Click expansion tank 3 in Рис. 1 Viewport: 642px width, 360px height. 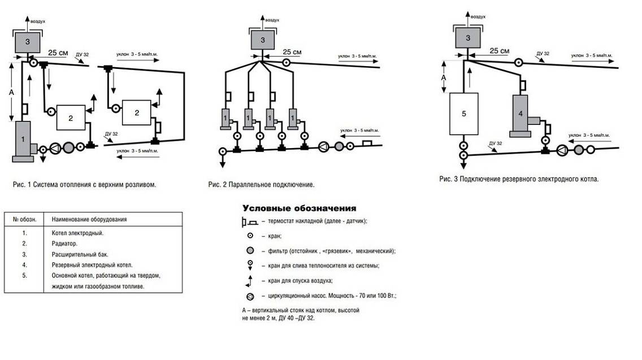28,42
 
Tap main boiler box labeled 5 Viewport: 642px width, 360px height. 464,114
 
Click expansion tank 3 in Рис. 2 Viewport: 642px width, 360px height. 262,40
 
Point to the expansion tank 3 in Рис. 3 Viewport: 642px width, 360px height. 468,38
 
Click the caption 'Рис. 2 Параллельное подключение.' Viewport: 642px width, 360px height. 261,185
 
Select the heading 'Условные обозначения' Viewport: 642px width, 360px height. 300,208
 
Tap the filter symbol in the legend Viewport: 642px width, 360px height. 250,251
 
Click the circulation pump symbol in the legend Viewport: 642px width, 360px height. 250,296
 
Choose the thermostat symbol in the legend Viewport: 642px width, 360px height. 249,222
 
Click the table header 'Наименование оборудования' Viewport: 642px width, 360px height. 89,219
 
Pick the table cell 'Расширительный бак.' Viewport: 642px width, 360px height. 80,254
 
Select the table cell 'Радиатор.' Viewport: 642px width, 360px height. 64,244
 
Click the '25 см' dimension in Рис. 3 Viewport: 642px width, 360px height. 500,51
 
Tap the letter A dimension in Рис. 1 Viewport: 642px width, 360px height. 11,93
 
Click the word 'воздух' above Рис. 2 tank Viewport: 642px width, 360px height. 272,20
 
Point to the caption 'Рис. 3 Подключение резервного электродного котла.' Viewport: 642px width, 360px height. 519,179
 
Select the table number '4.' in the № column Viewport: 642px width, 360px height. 24,265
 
